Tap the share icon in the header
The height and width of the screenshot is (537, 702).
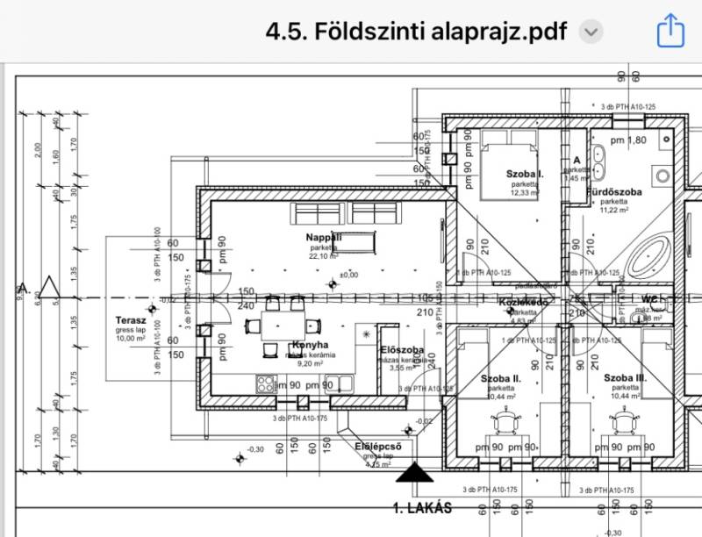point(670,32)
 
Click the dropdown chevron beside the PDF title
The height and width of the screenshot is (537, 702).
point(592,32)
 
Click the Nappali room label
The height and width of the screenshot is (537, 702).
point(324,238)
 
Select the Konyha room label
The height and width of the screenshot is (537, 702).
point(309,345)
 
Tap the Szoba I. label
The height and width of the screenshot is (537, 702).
point(525,175)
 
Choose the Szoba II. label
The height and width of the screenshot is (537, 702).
point(501,378)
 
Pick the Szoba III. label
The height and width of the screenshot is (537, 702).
point(625,377)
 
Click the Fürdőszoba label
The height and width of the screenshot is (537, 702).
point(620,191)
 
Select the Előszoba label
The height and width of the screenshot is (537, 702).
point(403,350)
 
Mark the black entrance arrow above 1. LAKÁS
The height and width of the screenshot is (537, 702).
point(415,476)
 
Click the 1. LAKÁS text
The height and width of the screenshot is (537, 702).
point(422,508)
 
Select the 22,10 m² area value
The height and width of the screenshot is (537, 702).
point(324,256)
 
